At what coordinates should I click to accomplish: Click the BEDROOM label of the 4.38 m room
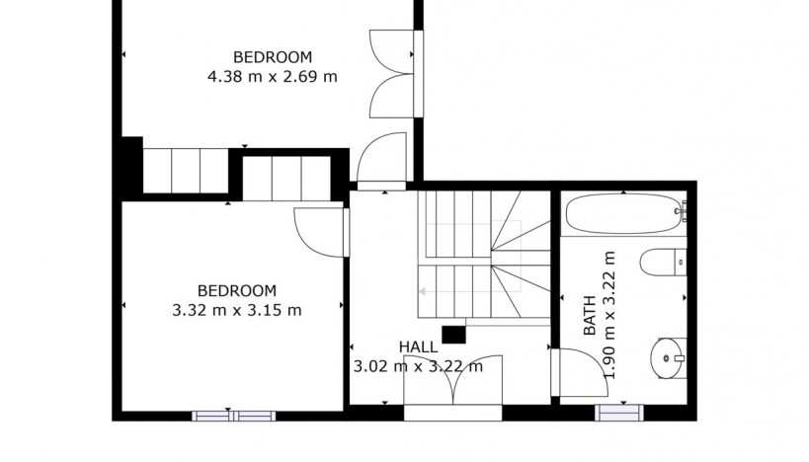click(272, 56)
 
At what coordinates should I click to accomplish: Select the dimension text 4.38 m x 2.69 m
click(272, 76)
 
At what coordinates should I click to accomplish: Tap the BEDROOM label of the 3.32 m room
click(237, 290)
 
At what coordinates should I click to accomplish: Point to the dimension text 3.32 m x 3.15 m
click(237, 309)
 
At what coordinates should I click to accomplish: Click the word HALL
click(419, 346)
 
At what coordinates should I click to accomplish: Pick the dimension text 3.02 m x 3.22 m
click(419, 366)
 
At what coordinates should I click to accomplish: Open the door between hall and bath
click(573, 375)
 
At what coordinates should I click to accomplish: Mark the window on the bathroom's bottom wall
click(620, 414)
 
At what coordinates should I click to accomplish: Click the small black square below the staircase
click(453, 335)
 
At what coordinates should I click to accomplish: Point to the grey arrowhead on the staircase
click(422, 292)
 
